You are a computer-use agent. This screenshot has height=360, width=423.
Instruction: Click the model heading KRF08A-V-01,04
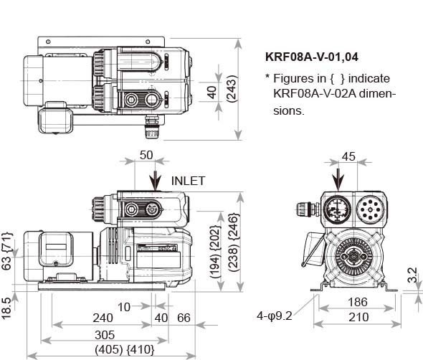pyautogui.click(x=312, y=57)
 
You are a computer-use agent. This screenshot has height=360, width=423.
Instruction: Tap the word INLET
pyautogui.click(x=188, y=181)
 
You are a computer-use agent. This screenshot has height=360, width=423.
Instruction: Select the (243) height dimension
pyautogui.click(x=232, y=88)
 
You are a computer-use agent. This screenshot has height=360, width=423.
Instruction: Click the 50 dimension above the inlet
pyautogui.click(x=146, y=155)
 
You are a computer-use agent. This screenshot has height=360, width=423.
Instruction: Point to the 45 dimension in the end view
pyautogui.click(x=348, y=156)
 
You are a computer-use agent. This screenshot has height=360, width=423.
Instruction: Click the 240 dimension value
pyautogui.click(x=103, y=318)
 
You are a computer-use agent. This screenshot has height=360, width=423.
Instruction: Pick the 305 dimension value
pyautogui.click(x=105, y=335)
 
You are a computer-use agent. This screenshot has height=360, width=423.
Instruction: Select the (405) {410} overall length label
pyautogui.click(x=125, y=350)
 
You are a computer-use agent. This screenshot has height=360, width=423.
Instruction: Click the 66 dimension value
pyautogui.click(x=184, y=318)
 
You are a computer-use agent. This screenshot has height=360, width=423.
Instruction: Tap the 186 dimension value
pyautogui.click(x=358, y=302)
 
